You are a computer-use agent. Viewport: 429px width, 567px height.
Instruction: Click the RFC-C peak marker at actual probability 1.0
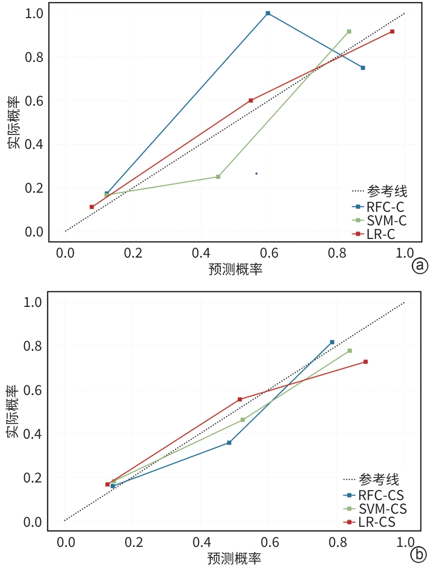268,13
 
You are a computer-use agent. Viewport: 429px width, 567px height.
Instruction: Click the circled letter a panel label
419,266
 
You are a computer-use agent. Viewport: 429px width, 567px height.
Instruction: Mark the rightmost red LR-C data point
392,32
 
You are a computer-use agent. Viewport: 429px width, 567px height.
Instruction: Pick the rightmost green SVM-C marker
349,32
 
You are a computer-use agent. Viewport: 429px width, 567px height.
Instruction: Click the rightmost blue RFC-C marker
363,67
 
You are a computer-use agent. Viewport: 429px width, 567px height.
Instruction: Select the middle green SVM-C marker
218,177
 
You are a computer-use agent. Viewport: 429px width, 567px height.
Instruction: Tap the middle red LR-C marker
250,100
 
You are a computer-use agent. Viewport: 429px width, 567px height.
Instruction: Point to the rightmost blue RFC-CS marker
332,342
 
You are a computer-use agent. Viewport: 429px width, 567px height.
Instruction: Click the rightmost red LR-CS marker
366,362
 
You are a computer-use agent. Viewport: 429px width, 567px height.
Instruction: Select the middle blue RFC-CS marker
229,443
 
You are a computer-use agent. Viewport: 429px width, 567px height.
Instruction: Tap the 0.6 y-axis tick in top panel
34,101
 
